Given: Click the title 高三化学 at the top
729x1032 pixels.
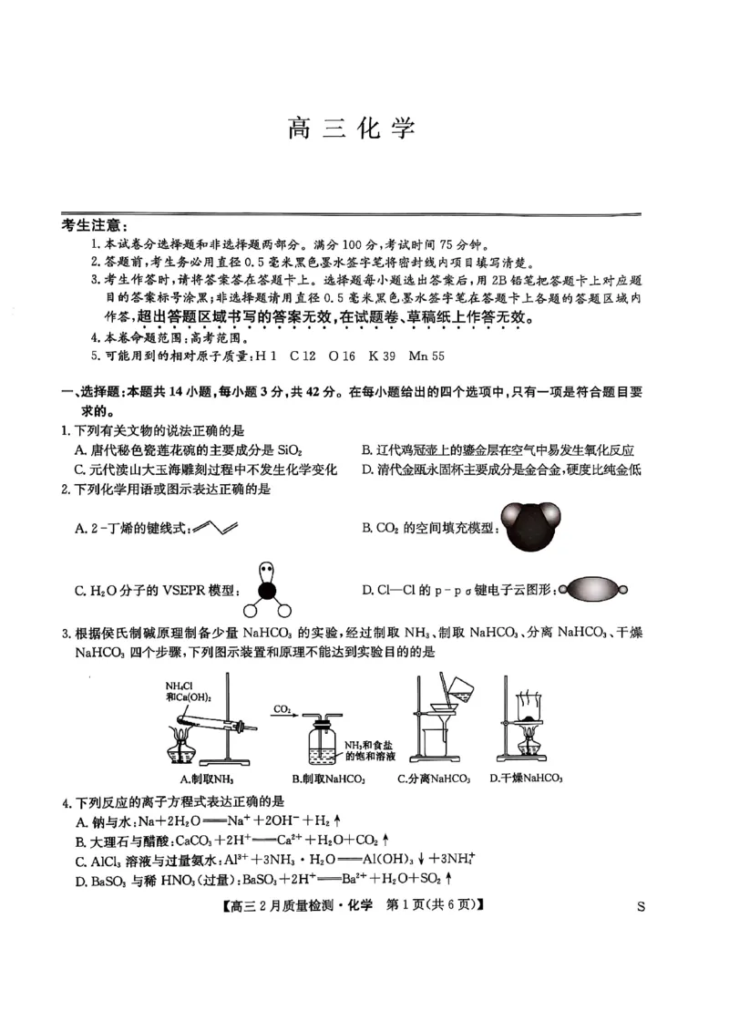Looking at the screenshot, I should click(x=351, y=128).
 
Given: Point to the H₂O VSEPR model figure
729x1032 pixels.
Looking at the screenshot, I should click(x=266, y=591).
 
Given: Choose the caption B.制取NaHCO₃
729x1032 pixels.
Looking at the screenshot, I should click(x=328, y=779).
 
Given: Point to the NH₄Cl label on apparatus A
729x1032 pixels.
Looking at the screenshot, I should click(x=180, y=686).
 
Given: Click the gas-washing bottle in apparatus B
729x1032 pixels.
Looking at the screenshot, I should click(x=324, y=743).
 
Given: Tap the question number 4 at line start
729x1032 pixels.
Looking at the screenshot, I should click(x=65, y=802).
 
